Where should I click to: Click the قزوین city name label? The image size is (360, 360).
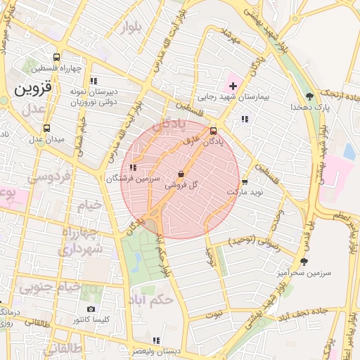pos(32,89)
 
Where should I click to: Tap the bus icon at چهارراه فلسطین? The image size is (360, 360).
pos(56,57)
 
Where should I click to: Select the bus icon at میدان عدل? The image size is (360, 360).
pos(46,128)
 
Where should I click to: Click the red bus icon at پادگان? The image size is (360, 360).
pos(213,130)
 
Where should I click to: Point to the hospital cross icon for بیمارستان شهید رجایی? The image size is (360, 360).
pos(233,86)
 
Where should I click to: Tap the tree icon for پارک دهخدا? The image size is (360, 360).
pos(309,96)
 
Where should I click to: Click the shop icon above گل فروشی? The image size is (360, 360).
pos(181,174)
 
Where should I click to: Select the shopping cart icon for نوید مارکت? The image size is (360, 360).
pos(244,181)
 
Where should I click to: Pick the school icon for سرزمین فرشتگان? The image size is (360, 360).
pos(134,167)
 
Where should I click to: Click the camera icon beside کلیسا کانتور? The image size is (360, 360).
pos(91,309)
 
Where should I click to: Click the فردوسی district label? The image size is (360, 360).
pos(49,178)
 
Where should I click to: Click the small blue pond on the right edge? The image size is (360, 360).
pos(349,151)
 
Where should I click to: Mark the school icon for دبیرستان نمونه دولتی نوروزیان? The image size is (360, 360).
pos(94,81)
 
